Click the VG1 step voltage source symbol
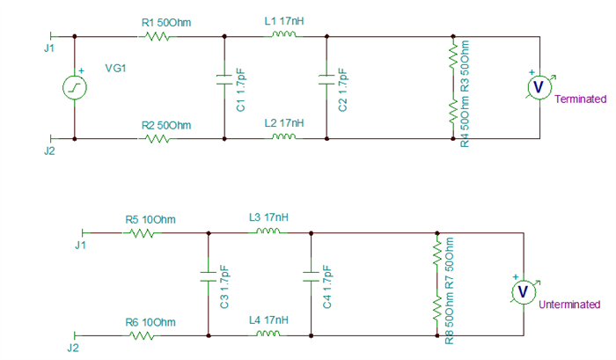tap(75, 87)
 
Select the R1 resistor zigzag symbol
tap(158, 37)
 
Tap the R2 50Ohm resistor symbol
tap(158, 139)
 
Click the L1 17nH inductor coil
tap(283, 35)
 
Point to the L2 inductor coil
tap(283, 137)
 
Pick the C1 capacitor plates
tap(224, 79)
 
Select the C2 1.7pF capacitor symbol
tap(326, 79)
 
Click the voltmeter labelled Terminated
tap(539, 87)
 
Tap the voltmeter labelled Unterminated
tap(524, 292)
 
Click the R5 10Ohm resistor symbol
tap(142, 233)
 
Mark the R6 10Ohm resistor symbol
tap(142, 336)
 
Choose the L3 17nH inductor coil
tap(268, 231)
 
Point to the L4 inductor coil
tap(268, 334)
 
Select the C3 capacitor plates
tap(209, 276)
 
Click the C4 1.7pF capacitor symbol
tap(311, 276)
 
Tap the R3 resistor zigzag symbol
tap(453, 55)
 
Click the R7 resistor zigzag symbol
tap(437, 253)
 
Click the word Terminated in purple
tap(580, 99)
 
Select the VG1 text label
tap(115, 69)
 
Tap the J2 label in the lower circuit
tap(73, 348)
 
